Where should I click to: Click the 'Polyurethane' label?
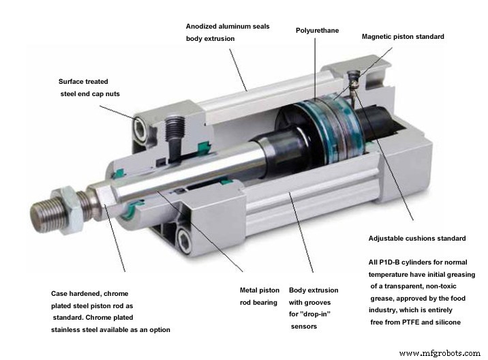point(317,31)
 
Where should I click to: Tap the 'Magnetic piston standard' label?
point(403,37)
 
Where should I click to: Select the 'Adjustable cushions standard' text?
point(417,239)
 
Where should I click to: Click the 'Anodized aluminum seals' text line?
point(228,27)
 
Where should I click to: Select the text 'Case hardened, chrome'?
point(89,294)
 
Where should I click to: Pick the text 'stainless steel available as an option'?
point(110,330)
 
